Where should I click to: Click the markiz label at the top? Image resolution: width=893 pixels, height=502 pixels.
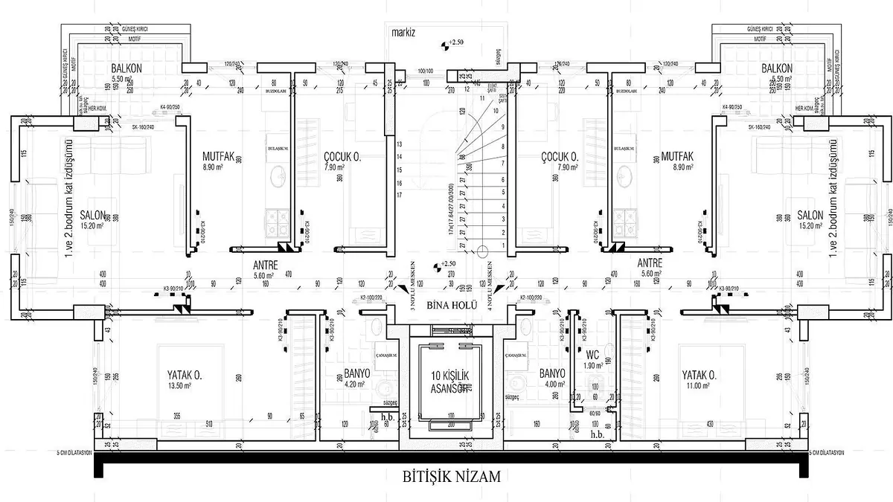[x=406, y=33]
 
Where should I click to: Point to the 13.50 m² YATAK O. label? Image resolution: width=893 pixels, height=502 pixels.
[x=185, y=379]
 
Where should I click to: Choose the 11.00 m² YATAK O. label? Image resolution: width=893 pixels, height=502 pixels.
[x=700, y=379]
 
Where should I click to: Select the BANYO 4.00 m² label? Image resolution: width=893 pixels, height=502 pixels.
[x=551, y=378]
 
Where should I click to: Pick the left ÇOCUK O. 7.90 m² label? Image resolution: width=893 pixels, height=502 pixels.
[x=343, y=161]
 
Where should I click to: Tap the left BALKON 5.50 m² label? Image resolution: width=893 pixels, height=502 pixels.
[x=127, y=72]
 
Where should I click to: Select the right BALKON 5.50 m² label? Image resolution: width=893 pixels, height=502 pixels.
[x=778, y=72]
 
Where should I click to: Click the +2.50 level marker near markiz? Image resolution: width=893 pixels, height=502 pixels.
[x=450, y=44]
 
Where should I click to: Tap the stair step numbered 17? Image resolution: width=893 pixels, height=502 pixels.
[x=400, y=195]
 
